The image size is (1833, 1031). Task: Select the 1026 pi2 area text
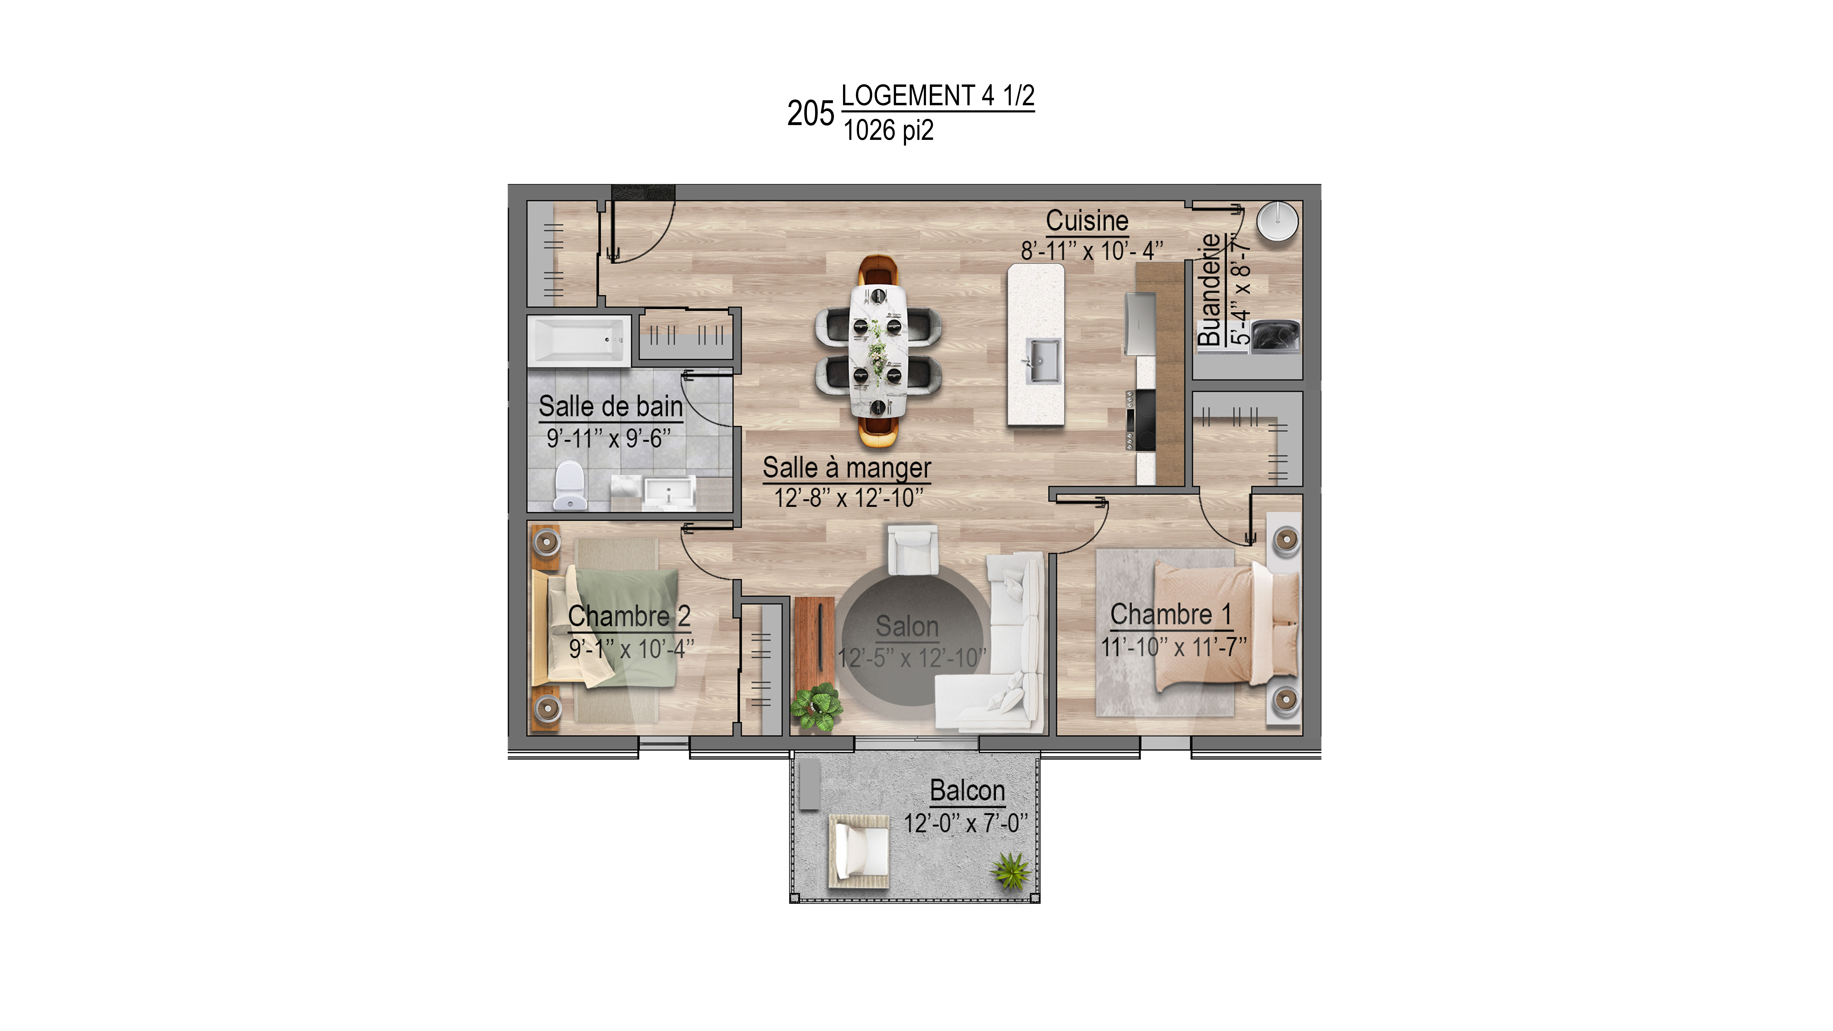(888, 130)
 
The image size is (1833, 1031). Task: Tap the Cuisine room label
(1087, 221)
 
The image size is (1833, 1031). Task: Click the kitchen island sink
(1041, 361)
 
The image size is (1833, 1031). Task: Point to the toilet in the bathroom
(569, 485)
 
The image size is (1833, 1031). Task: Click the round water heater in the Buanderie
(1277, 221)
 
